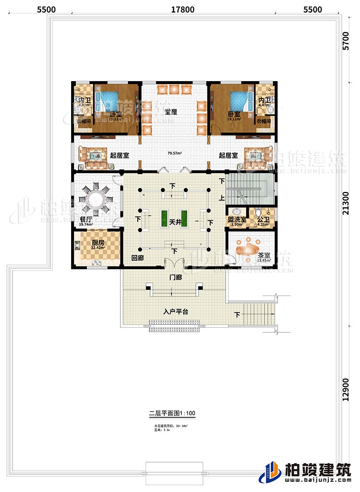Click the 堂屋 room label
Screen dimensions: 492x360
click(171, 111)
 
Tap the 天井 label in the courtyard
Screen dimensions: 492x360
click(174, 222)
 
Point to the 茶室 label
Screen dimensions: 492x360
click(264, 256)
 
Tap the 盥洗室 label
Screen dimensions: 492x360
click(237, 219)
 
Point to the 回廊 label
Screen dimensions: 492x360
click(138, 258)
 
